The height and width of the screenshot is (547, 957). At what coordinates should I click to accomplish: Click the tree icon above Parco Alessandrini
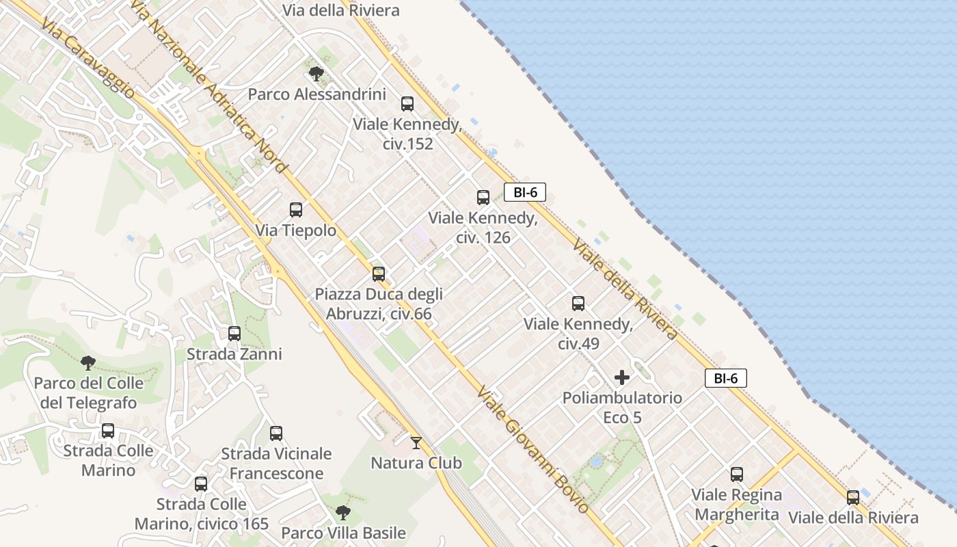[x=316, y=73]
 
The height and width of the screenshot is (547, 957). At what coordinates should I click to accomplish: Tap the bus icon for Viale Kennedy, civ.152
[x=407, y=104]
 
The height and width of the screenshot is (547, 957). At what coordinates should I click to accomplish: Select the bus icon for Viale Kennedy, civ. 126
[x=483, y=198]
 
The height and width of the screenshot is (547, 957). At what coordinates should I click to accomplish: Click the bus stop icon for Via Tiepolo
[x=296, y=210]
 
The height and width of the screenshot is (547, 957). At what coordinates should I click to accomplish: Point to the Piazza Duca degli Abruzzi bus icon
[x=379, y=274]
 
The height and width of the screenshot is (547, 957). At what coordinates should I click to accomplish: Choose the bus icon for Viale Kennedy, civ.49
[x=578, y=304]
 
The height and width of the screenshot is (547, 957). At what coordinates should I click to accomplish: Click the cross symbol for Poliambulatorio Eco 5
[x=622, y=377]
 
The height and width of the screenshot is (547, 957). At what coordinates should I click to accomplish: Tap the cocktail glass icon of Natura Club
[x=416, y=443]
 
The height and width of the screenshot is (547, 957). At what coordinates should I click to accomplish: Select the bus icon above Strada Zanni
[x=234, y=334]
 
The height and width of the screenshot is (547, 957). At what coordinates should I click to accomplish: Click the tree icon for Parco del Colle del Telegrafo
[x=87, y=362]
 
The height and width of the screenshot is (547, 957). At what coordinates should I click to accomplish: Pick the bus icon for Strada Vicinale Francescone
[x=276, y=433]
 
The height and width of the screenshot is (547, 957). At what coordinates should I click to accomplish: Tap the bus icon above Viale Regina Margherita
[x=737, y=475]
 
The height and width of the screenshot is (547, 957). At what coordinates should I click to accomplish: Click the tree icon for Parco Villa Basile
[x=343, y=512]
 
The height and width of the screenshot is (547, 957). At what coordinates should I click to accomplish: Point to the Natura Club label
[x=416, y=463]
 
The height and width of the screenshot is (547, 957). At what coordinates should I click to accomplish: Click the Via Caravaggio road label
[x=87, y=58]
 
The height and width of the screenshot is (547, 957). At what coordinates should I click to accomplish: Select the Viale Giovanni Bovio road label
[x=533, y=450]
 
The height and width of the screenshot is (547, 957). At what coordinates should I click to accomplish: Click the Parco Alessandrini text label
[x=316, y=94]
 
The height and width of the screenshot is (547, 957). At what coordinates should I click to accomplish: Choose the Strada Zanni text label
[x=234, y=354]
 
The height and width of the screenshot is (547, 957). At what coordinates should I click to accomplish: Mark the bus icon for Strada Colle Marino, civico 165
[x=201, y=484]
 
